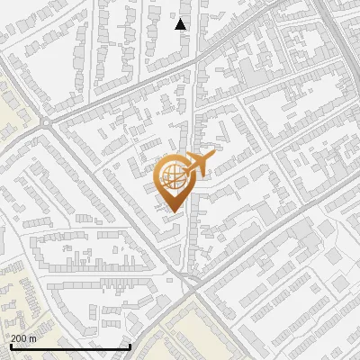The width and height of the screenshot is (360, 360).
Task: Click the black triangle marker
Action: (x=181, y=24)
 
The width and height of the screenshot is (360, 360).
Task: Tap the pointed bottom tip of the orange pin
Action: (x=173, y=211)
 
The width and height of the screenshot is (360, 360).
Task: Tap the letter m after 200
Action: (x=33, y=338)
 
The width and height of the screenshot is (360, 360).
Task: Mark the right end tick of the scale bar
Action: (x=130, y=346)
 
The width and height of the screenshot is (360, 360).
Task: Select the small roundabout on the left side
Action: (x=45, y=121)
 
